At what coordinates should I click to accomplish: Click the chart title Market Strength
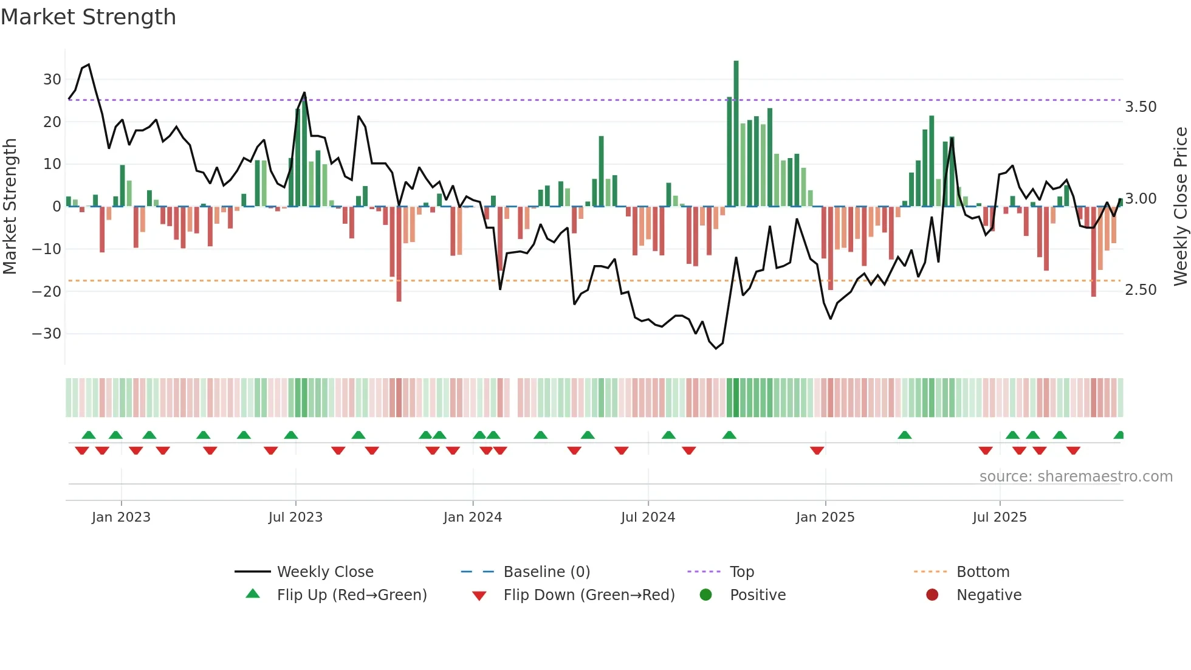tap(88, 17)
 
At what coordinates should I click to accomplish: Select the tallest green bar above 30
tap(736, 134)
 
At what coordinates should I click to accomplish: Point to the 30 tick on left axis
tap(52, 80)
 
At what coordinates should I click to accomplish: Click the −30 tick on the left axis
tap(47, 334)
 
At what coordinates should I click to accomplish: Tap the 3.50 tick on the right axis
tap(1141, 107)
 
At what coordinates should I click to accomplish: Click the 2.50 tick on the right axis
tap(1141, 290)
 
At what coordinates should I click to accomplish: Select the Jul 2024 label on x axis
tap(648, 517)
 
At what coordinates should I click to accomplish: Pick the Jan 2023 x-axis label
tap(121, 517)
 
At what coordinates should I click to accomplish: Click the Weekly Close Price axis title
tap(1180, 207)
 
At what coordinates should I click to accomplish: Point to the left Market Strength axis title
tap(10, 207)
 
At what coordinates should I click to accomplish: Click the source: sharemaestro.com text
tap(1076, 477)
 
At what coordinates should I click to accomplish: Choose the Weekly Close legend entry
tap(325, 572)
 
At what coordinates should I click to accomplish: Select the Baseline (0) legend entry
tap(546, 572)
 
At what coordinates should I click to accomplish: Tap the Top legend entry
tap(741, 572)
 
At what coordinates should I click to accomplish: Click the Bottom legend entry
tap(983, 572)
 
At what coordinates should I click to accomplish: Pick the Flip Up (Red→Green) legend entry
tap(351, 595)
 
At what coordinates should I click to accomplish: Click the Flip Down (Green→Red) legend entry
tap(589, 595)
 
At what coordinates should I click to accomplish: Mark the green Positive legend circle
tap(705, 595)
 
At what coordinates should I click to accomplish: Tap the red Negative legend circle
tap(932, 595)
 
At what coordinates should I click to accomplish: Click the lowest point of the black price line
tap(716, 348)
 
